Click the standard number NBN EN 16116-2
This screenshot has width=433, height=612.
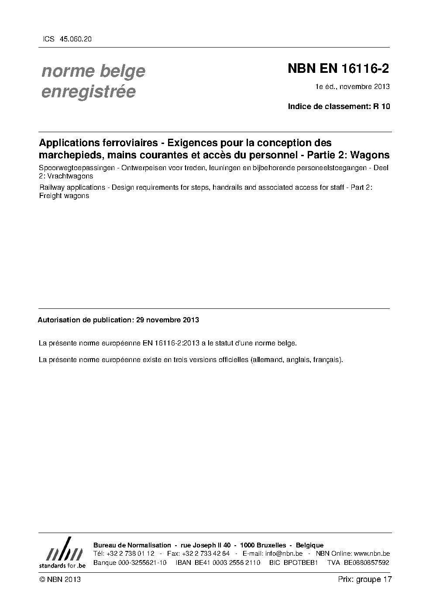[338, 68]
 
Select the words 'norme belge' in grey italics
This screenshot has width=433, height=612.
[93, 71]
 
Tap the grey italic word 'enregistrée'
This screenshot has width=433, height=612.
[88, 92]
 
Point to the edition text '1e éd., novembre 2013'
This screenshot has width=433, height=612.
[353, 86]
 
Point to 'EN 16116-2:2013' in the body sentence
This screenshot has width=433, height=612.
[168, 343]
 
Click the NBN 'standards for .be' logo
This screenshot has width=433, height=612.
[62, 553]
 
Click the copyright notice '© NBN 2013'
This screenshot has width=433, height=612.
[60, 579]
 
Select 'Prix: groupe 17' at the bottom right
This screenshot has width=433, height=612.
[364, 579]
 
